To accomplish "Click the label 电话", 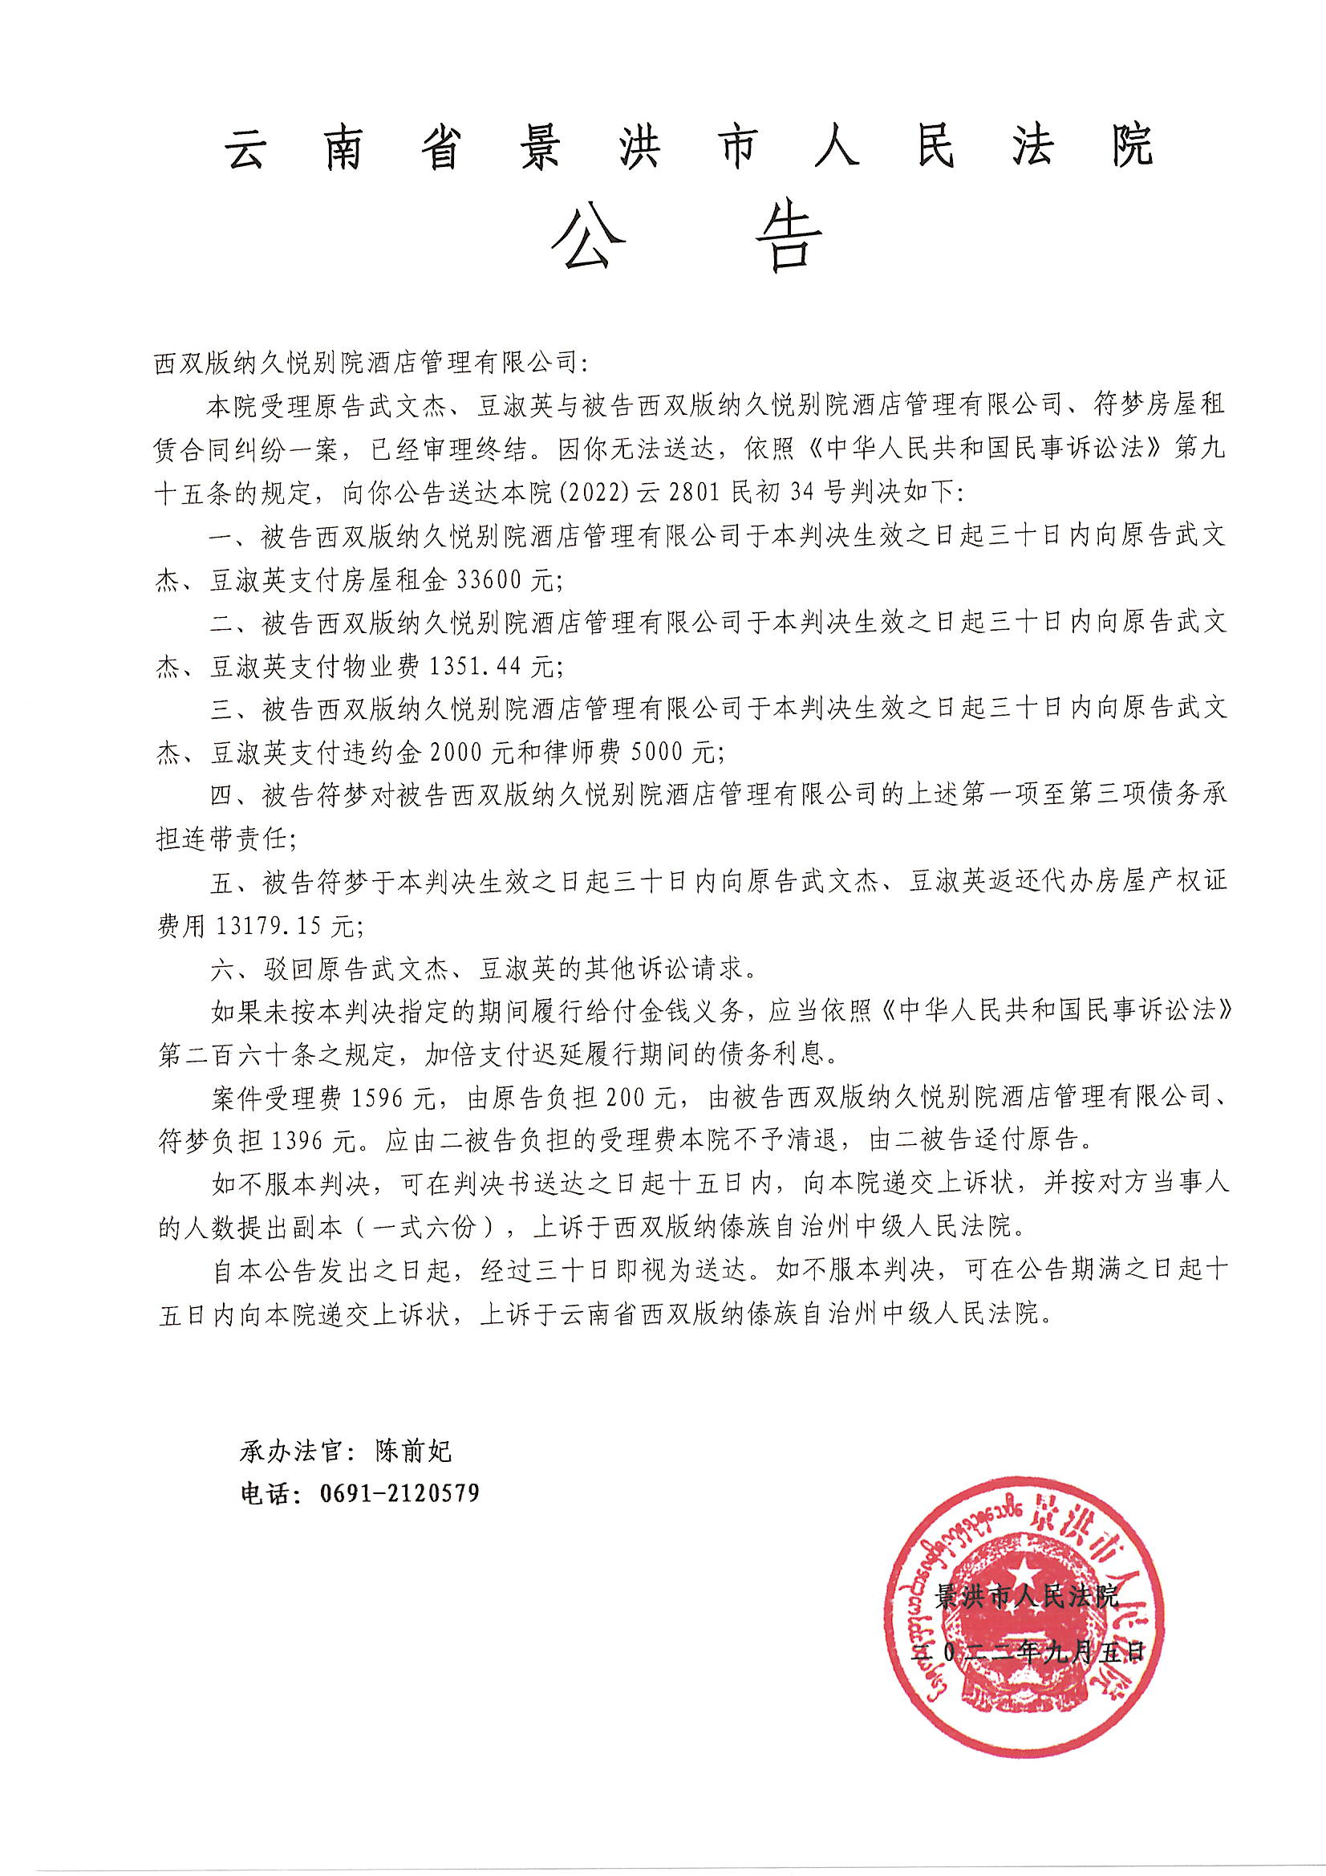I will (x=264, y=1493).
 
